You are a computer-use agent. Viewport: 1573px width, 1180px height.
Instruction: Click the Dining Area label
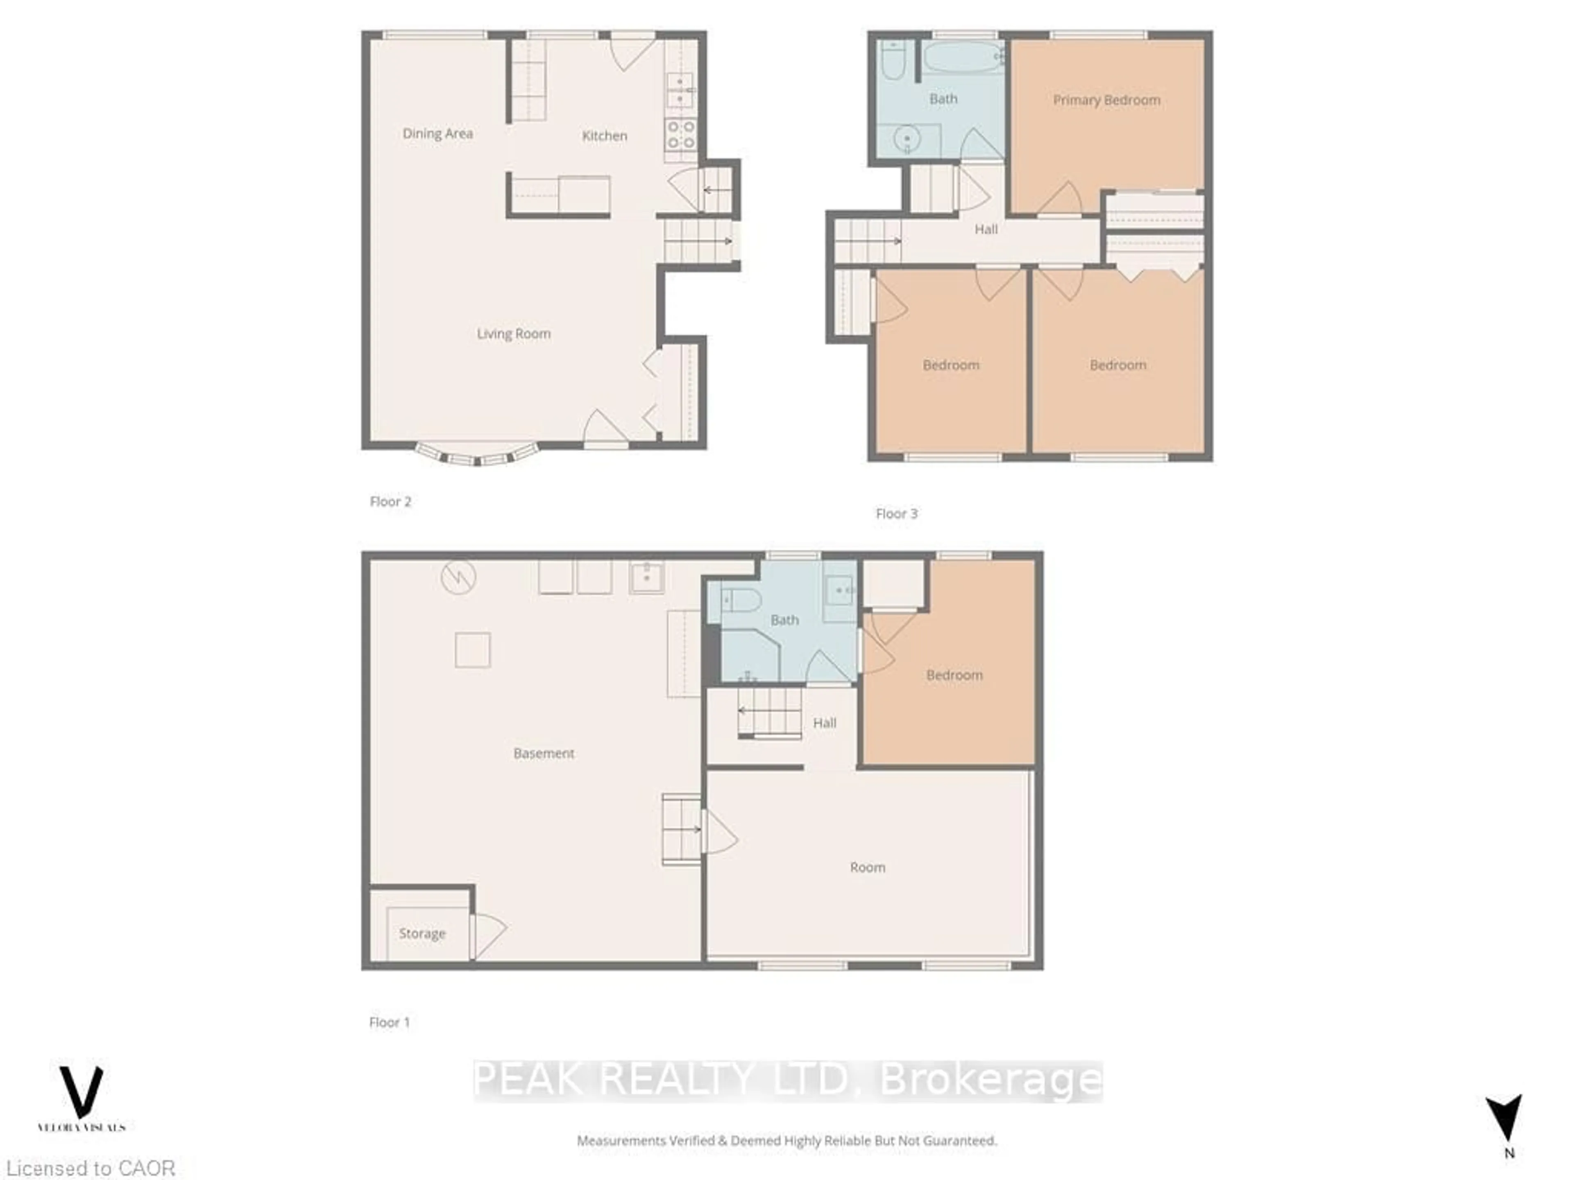click(x=437, y=134)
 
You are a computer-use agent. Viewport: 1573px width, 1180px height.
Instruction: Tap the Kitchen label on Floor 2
click(x=605, y=136)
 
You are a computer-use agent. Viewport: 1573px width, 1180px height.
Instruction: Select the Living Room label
click(x=513, y=334)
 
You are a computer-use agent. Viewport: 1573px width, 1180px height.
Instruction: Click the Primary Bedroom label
click(x=1106, y=100)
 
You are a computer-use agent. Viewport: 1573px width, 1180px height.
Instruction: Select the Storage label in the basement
click(x=422, y=933)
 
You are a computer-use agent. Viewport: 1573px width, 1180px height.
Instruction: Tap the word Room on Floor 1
click(x=868, y=867)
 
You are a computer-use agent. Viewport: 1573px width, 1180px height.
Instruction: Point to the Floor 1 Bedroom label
click(x=954, y=675)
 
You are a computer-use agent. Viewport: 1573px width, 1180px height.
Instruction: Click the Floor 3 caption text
click(x=896, y=513)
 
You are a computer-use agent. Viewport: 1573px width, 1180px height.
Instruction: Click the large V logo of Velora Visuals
click(x=81, y=1092)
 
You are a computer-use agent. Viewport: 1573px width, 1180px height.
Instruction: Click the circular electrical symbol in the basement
click(x=458, y=578)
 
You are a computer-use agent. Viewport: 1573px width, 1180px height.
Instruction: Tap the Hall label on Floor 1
click(x=824, y=723)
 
